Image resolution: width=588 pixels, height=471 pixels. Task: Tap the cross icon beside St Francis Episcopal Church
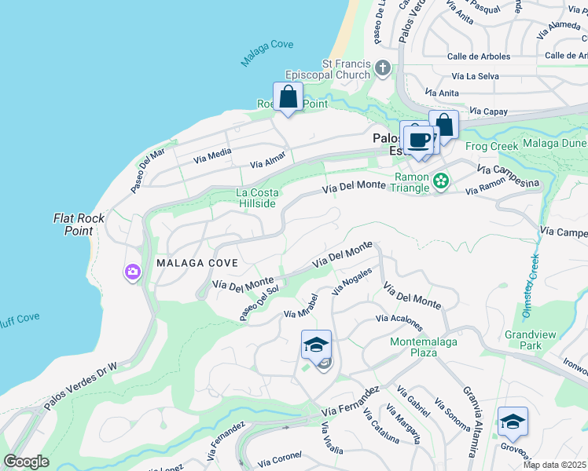click(x=383, y=68)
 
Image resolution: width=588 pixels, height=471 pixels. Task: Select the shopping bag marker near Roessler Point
click(x=288, y=98)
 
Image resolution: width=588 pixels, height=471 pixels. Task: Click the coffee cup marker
click(x=419, y=140)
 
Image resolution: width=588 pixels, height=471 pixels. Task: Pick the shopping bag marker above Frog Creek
click(x=443, y=126)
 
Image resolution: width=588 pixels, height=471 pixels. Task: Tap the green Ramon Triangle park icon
click(x=441, y=182)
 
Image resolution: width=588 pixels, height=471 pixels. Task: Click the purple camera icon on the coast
click(x=131, y=272)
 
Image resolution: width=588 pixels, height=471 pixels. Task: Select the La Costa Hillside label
click(x=256, y=198)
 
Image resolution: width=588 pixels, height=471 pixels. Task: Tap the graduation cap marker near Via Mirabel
click(x=316, y=345)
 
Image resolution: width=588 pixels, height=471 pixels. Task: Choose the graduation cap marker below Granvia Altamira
click(x=513, y=422)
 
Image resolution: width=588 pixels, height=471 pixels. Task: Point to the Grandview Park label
click(x=530, y=340)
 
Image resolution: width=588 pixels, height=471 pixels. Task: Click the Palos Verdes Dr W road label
click(x=79, y=385)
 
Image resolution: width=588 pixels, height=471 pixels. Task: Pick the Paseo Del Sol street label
click(x=259, y=303)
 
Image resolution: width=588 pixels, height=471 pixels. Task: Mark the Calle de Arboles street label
click(x=479, y=56)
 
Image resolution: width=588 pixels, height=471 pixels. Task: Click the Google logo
click(x=26, y=462)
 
